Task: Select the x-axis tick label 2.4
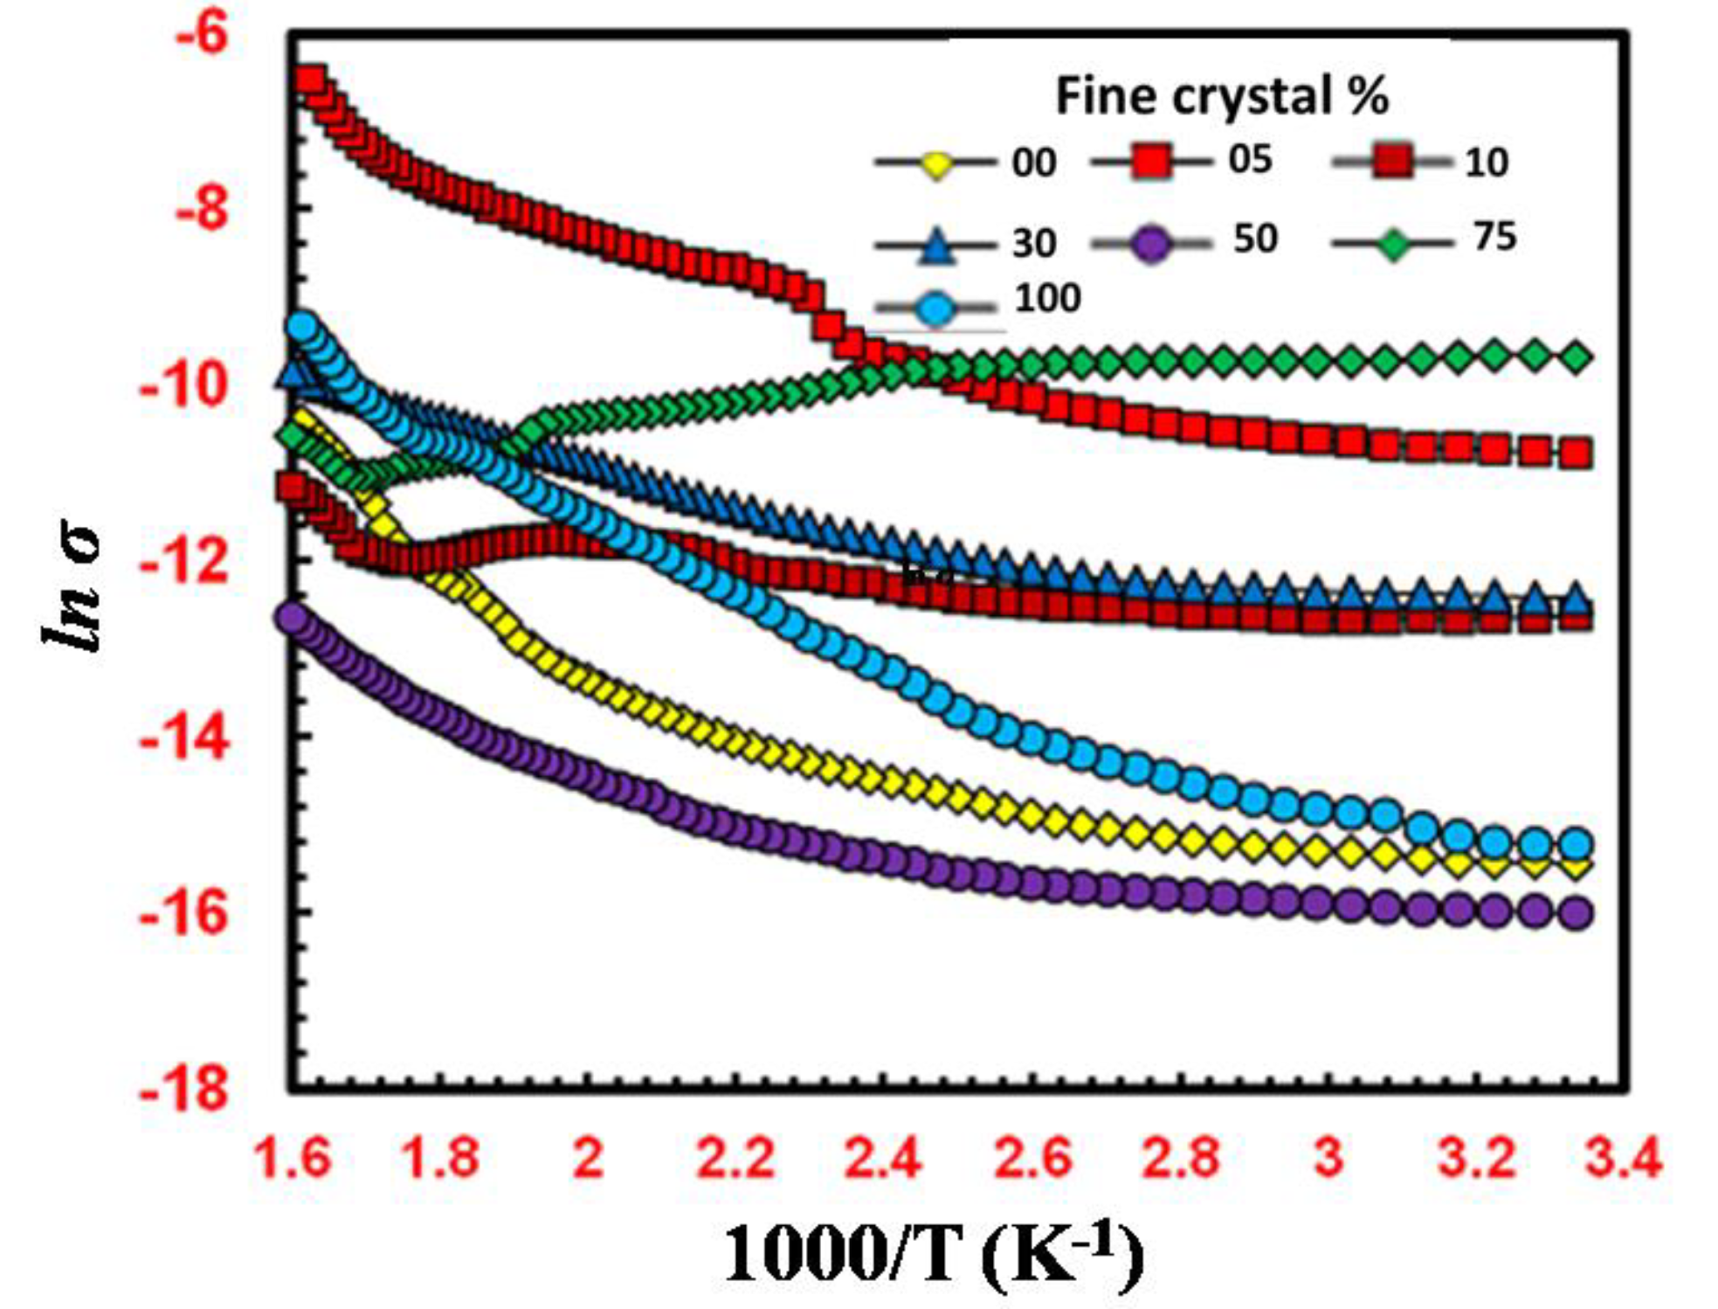click(883, 1159)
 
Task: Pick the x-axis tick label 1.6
click(292, 1159)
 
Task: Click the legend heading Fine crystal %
click(1221, 95)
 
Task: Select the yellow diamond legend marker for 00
click(936, 164)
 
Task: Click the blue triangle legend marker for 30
click(936, 246)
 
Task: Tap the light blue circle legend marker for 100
click(936, 308)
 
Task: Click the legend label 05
click(1249, 160)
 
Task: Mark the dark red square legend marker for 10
click(1393, 163)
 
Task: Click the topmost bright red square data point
click(310, 80)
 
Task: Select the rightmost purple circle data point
click(1575, 914)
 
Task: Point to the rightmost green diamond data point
click(1575, 357)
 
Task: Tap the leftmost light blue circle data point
click(302, 328)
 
